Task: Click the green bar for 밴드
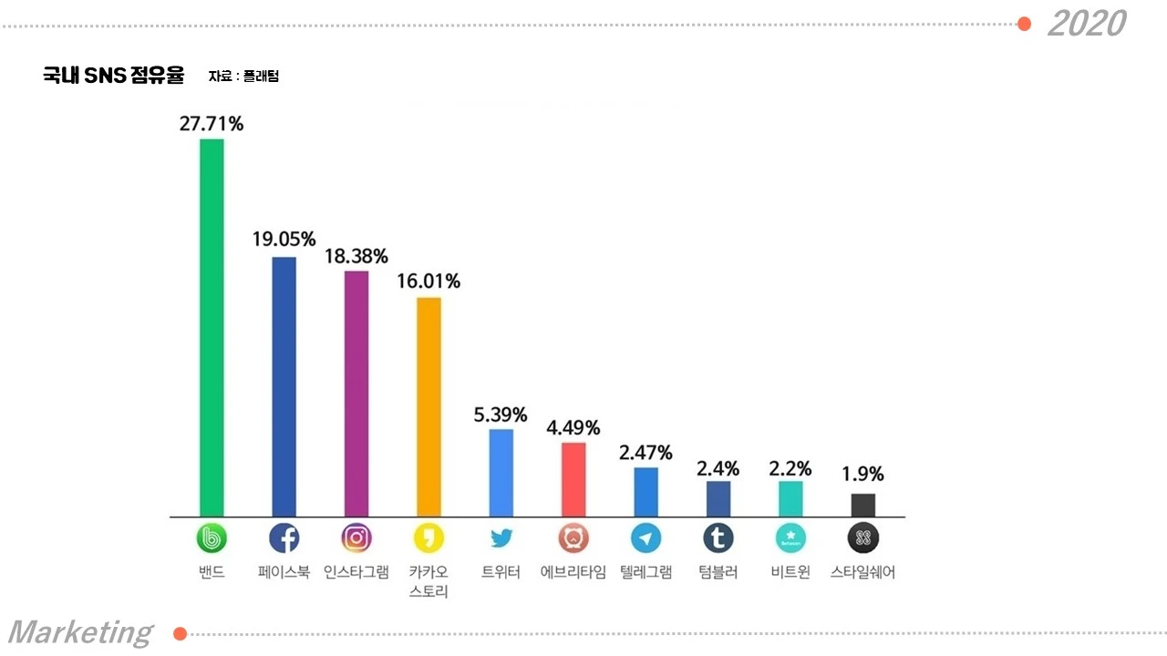click(212, 327)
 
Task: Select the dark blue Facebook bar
click(284, 387)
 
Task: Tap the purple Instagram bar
click(356, 394)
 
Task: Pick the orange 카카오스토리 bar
click(429, 407)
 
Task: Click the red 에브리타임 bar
click(573, 479)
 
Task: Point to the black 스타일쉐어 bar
click(863, 505)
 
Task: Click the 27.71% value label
click(212, 124)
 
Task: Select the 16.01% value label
click(429, 282)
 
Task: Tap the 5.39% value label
click(501, 415)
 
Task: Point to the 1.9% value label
click(862, 474)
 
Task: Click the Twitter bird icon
click(501, 538)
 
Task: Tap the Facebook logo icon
click(284, 538)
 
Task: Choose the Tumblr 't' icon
click(718, 538)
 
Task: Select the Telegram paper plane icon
click(646, 538)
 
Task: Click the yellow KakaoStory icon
click(429, 538)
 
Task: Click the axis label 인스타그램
click(356, 572)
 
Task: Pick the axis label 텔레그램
click(646, 572)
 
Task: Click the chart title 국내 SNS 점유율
click(114, 76)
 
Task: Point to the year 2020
click(1088, 24)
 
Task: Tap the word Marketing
click(81, 633)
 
